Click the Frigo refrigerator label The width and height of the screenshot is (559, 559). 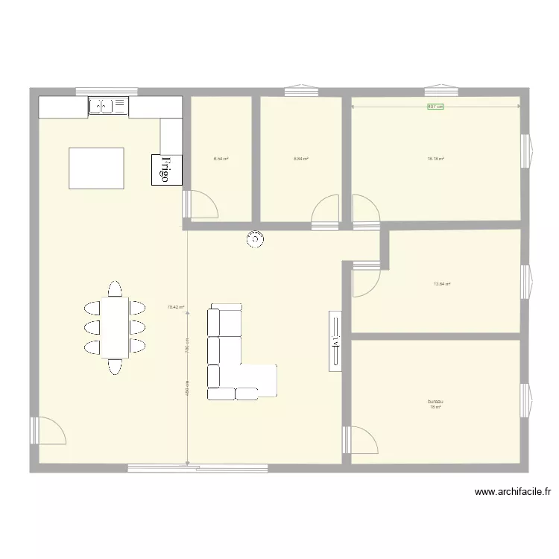click(167, 169)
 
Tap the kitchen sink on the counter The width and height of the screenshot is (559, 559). click(109, 107)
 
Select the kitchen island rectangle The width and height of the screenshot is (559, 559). click(96, 168)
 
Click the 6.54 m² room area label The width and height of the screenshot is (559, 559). click(221, 159)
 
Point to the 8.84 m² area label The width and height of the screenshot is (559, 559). click(300, 159)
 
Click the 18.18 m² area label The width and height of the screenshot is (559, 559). click(435, 159)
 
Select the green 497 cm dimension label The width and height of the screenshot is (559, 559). click(435, 107)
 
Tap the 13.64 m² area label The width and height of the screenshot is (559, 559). click(442, 283)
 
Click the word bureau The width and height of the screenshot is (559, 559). click(434, 401)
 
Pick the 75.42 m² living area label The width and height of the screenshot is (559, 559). click(175, 306)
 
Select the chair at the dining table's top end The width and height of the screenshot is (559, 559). click(115, 288)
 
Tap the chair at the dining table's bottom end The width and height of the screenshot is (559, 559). click(115, 366)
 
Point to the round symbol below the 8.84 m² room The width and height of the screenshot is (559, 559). click(256, 239)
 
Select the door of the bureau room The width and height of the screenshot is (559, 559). click(361, 440)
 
